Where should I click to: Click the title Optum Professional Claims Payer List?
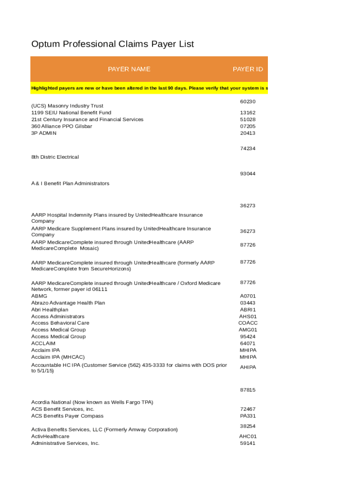pyautogui.click(x=112, y=44)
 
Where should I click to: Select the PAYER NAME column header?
pyautogui.click(x=129, y=69)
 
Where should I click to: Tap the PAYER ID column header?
pyautogui.click(x=248, y=69)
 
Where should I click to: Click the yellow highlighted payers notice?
pyautogui.click(x=149, y=88)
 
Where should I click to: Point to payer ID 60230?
pyautogui.click(x=248, y=102)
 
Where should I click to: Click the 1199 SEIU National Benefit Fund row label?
pyautogui.click(x=71, y=113)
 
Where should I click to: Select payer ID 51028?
pyautogui.click(x=248, y=119)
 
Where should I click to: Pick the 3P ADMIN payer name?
pyautogui.click(x=44, y=133)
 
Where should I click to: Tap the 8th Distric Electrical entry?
pyautogui.click(x=55, y=157)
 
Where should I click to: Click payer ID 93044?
pyautogui.click(x=248, y=174)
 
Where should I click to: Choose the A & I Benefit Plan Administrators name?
pyautogui.click(x=70, y=183)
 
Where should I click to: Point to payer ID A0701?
pyautogui.click(x=248, y=296)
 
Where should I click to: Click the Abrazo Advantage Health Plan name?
pyautogui.click(x=69, y=303)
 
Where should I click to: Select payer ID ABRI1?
pyautogui.click(x=248, y=310)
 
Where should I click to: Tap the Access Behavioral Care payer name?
pyautogui.click(x=60, y=323)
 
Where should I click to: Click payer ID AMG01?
pyautogui.click(x=248, y=330)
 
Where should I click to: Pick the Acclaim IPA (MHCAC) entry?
pyautogui.click(x=58, y=357)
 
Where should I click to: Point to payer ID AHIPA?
pyautogui.click(x=248, y=368)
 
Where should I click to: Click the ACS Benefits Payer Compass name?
pyautogui.click(x=67, y=416)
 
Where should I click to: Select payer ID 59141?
pyautogui.click(x=248, y=443)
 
